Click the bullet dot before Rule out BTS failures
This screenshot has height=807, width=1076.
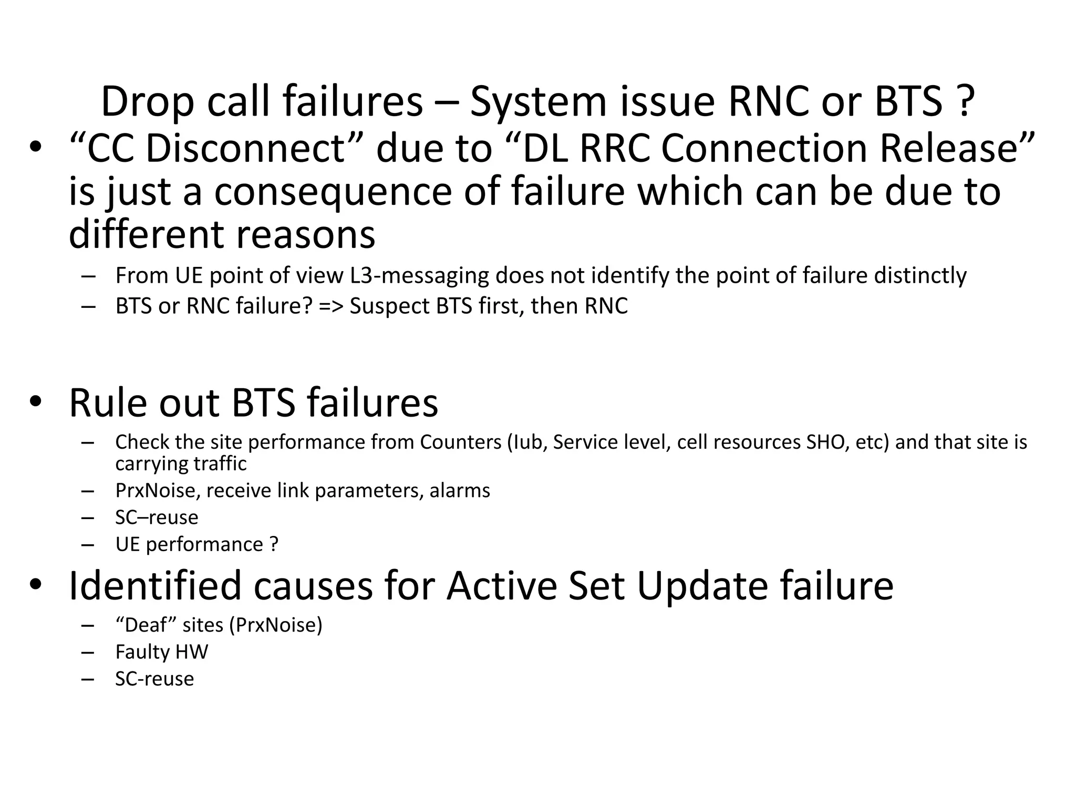(35, 402)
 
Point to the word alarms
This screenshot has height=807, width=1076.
(460, 491)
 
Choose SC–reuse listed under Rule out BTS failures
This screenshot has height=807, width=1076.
(157, 518)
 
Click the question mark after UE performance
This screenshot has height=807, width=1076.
(273, 544)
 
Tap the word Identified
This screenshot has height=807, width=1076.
(154, 585)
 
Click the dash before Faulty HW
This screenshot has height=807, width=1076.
(88, 652)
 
